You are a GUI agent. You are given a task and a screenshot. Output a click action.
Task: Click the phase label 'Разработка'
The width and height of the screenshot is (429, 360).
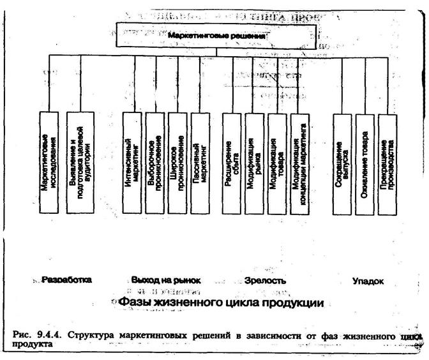(x=66, y=280)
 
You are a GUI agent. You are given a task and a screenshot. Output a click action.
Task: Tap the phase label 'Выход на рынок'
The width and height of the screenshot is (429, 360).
(x=166, y=280)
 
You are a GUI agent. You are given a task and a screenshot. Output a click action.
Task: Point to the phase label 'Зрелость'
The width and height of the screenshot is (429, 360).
(x=265, y=280)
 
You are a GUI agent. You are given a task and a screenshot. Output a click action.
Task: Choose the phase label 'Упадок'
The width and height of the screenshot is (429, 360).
(x=368, y=280)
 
